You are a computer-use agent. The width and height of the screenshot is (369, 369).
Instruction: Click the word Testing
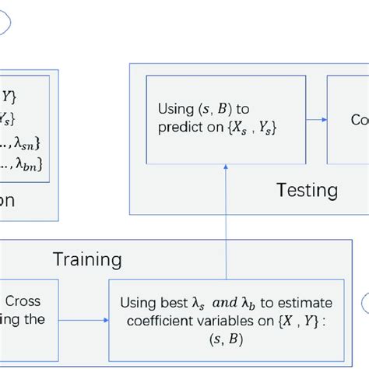307,190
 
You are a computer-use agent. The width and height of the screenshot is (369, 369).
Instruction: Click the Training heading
86,259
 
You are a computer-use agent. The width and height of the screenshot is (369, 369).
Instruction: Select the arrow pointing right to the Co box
315,119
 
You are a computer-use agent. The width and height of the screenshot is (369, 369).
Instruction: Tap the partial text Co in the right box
360,119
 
